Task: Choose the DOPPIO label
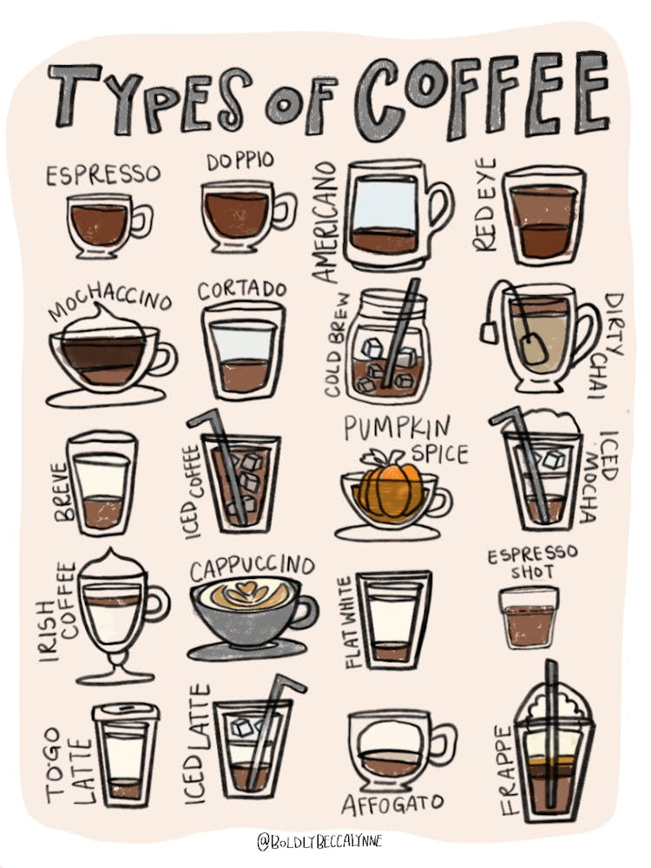click(x=240, y=161)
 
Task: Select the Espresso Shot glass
click(x=528, y=617)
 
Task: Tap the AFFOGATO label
click(x=392, y=803)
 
